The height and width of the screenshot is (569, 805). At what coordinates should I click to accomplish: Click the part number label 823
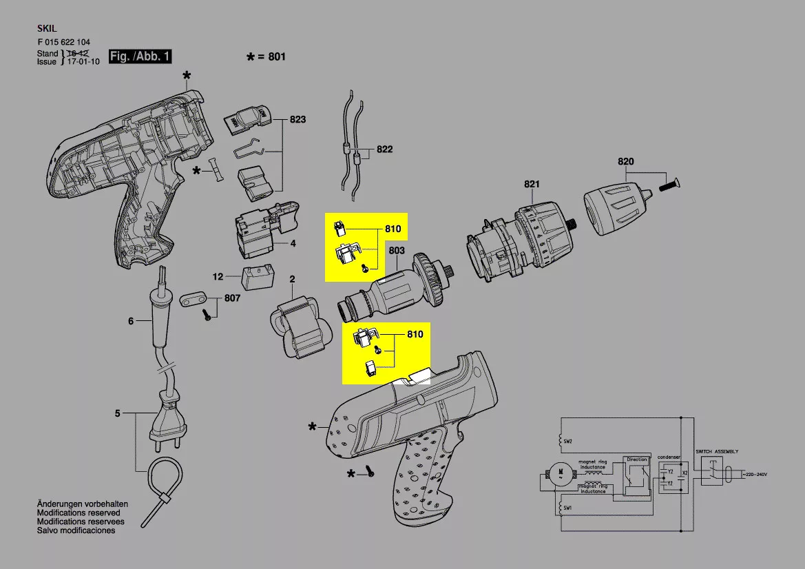(x=297, y=120)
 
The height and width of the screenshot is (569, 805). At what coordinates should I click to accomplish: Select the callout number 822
(x=384, y=149)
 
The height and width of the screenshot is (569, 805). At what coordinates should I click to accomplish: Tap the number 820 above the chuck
(x=625, y=162)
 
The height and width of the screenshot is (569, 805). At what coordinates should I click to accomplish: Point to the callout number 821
(x=532, y=184)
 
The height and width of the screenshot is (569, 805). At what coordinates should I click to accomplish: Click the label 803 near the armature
(x=397, y=251)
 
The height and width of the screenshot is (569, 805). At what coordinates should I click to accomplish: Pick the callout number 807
(x=232, y=300)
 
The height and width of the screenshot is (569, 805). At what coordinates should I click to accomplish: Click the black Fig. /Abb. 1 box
(x=140, y=56)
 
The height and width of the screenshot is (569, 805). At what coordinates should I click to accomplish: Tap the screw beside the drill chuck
(x=669, y=184)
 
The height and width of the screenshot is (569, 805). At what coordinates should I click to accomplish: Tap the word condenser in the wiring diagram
(x=668, y=457)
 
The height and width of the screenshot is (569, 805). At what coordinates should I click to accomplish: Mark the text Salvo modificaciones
(x=76, y=531)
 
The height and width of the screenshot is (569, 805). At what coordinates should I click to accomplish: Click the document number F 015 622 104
(x=63, y=42)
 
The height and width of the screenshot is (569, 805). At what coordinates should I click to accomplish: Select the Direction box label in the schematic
(x=637, y=459)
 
